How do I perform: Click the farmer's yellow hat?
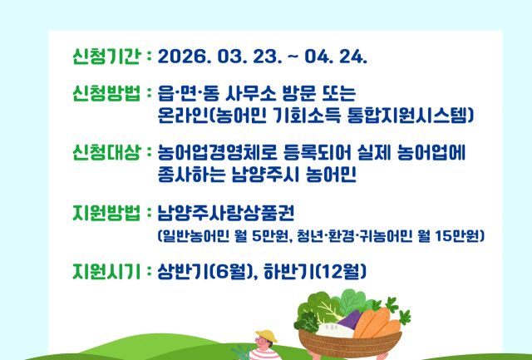[264, 337]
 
